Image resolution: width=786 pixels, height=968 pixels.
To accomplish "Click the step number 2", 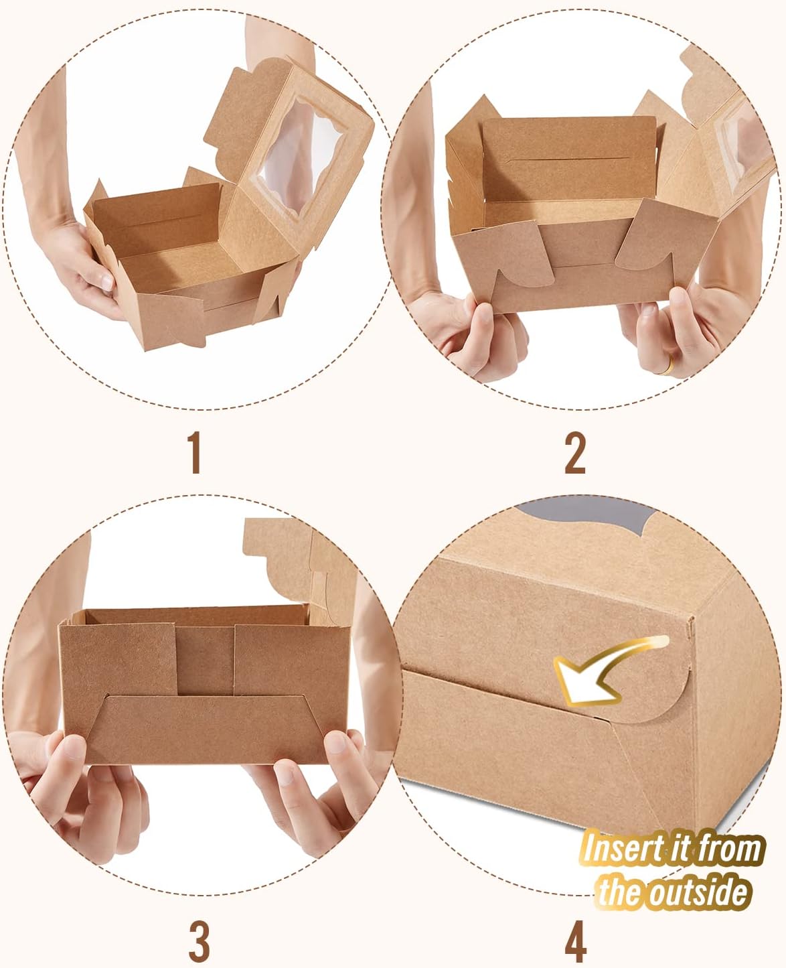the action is (x=575, y=453).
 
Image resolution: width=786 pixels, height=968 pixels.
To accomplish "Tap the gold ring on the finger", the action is (x=667, y=364).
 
